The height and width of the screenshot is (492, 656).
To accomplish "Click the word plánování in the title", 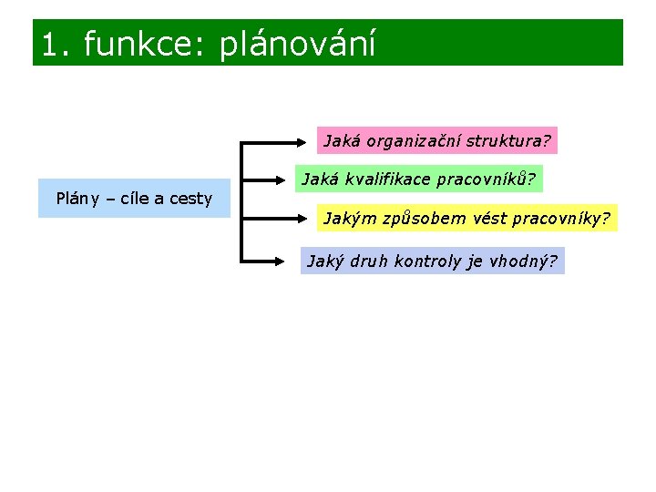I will coord(297,44).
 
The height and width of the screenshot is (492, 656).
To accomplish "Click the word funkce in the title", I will coord(146,44).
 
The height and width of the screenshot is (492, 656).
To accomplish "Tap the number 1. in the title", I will coord(57,44).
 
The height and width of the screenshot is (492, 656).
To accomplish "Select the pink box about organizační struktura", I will coord(437,141).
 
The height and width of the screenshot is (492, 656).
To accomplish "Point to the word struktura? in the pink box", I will coord(507,141).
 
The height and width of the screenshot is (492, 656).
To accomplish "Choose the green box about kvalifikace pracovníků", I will coord(418,179).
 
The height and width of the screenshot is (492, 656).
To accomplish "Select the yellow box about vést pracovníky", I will coord(466,219).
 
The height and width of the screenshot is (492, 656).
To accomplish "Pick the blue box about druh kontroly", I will coord(432,261).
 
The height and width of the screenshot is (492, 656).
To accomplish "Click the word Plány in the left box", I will coord(78,199).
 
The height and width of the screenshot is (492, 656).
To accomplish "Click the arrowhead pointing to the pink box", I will coord(310,142).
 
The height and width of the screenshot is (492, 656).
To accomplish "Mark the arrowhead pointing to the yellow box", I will coord(310,219).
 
